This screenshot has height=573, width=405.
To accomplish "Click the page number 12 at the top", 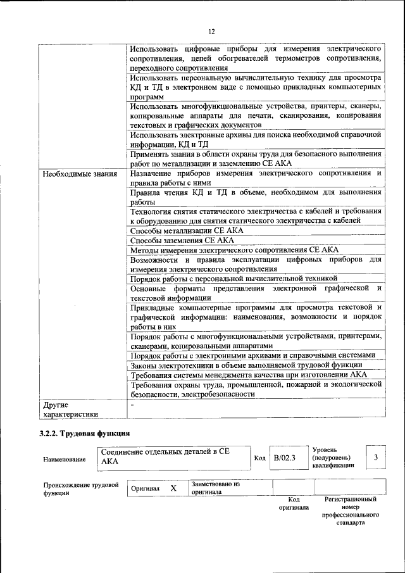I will (x=212, y=31).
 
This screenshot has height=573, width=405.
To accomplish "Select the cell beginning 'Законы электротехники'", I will (x=246, y=365).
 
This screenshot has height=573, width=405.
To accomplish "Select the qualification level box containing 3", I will (x=376, y=457).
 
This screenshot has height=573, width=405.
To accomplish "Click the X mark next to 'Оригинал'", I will (x=173, y=489).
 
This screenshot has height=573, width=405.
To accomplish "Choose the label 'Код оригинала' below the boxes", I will (x=294, y=503).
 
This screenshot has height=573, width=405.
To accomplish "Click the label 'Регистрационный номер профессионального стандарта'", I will (x=351, y=512).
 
